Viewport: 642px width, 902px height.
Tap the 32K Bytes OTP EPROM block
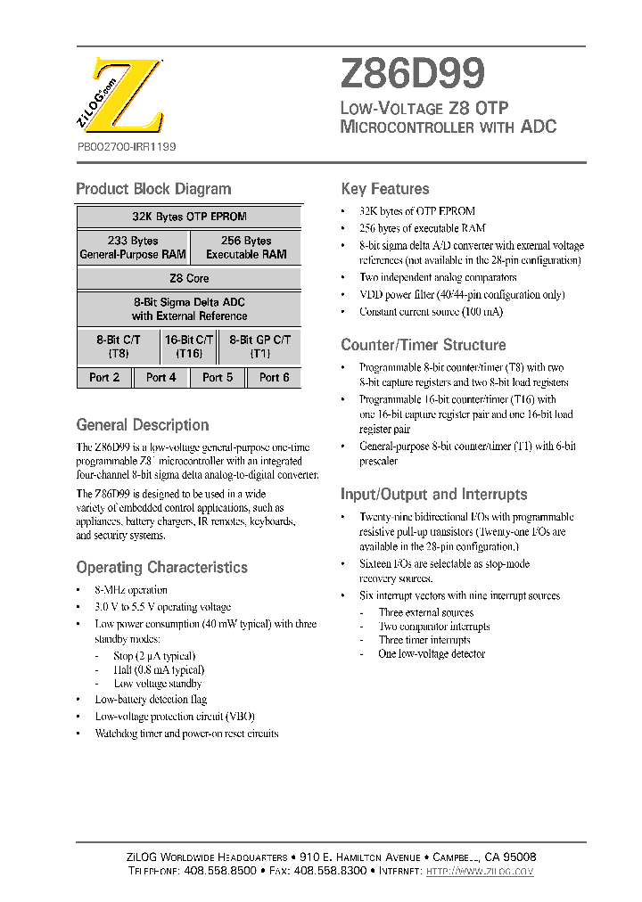pyautogui.click(x=189, y=217)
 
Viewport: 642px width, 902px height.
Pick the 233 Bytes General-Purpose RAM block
pyautogui.click(x=133, y=248)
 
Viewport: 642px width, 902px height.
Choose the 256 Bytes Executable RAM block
pyautogui.click(x=246, y=248)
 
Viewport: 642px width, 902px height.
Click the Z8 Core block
pyautogui.click(x=189, y=278)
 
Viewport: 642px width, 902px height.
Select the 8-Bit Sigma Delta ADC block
pyautogui.click(x=189, y=309)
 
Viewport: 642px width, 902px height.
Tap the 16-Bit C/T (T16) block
pyautogui.click(x=189, y=347)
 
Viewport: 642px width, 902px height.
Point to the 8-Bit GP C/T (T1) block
pyautogui.click(x=259, y=347)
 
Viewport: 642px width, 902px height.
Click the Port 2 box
pyautogui.click(x=104, y=378)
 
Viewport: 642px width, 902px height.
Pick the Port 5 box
pyautogui.click(x=218, y=378)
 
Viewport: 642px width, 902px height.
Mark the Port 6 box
pyautogui.click(x=274, y=378)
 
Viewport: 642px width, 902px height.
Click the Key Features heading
pyautogui.click(x=385, y=189)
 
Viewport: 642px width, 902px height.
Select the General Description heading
pyautogui.click(x=143, y=425)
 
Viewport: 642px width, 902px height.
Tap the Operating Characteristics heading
pyautogui.click(x=161, y=568)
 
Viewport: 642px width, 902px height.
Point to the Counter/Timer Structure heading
pyautogui.click(x=424, y=345)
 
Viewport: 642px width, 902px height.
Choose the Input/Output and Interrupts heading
pyautogui.click(x=434, y=495)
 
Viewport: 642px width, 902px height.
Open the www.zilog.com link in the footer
pyautogui.click(x=480, y=870)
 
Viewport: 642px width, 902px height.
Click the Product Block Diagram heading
pyautogui.click(x=153, y=189)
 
